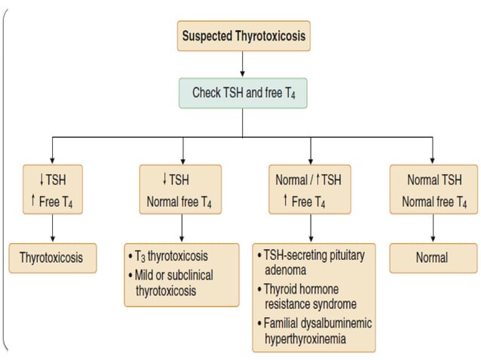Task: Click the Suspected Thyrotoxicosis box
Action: (x=244, y=35)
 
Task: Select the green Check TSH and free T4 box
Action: (x=244, y=93)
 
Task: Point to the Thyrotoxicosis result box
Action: (x=51, y=258)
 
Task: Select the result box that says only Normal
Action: (x=433, y=258)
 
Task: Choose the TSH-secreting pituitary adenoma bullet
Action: (x=313, y=261)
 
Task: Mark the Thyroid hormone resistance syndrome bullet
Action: (x=311, y=296)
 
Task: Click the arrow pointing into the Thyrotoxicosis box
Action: (x=51, y=229)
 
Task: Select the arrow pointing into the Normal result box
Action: (x=433, y=229)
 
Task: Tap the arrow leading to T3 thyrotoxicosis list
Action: (x=181, y=229)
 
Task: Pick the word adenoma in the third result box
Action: (x=284, y=269)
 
